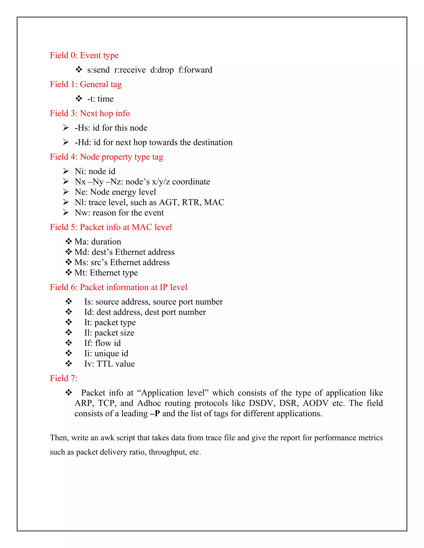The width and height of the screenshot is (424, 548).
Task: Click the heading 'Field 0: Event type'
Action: (84, 55)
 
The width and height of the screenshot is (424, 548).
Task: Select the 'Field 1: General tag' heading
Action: (86, 84)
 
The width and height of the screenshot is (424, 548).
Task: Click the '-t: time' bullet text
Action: (100, 99)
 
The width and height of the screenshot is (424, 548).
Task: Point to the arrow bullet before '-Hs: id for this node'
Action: (66, 128)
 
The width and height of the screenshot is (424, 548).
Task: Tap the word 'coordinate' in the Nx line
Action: (191, 181)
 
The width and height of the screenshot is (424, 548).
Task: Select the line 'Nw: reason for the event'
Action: (119, 213)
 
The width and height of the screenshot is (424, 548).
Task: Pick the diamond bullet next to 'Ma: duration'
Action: (68, 241)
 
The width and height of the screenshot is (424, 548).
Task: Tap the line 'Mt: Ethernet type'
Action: (106, 273)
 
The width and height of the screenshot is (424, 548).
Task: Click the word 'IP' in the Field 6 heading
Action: (164, 287)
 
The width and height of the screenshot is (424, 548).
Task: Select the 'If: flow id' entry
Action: (102, 343)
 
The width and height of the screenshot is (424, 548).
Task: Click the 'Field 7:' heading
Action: (64, 378)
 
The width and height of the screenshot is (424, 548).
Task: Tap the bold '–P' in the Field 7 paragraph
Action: (155, 414)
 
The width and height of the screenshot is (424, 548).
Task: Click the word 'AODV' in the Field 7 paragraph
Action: (316, 403)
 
